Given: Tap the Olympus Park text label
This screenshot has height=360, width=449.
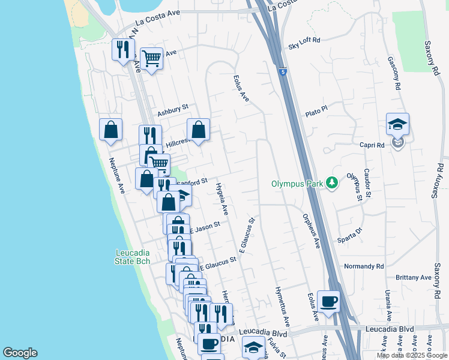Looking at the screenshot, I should (x=297, y=184).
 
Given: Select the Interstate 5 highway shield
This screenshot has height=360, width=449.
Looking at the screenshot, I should (x=283, y=72).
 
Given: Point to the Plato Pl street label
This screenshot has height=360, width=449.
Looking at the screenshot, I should (x=316, y=109).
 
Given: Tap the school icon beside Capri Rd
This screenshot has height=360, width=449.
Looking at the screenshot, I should (x=397, y=125).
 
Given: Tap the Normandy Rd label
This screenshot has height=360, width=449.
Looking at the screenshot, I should (x=364, y=266).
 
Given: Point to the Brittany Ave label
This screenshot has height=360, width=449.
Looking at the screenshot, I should (x=414, y=278).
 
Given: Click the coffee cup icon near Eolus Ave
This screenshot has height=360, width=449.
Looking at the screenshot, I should (x=328, y=302).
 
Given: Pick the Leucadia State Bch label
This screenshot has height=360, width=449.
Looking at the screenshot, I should (x=133, y=257).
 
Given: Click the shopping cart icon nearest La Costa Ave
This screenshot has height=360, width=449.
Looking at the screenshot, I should (x=152, y=58).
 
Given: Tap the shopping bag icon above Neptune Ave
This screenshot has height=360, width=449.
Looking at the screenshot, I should (x=110, y=129).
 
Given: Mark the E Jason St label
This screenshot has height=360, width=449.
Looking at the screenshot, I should (x=205, y=227).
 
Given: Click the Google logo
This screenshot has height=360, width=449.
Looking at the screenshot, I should (x=20, y=353).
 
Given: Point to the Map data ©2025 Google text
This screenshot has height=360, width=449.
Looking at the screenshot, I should (x=412, y=355).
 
